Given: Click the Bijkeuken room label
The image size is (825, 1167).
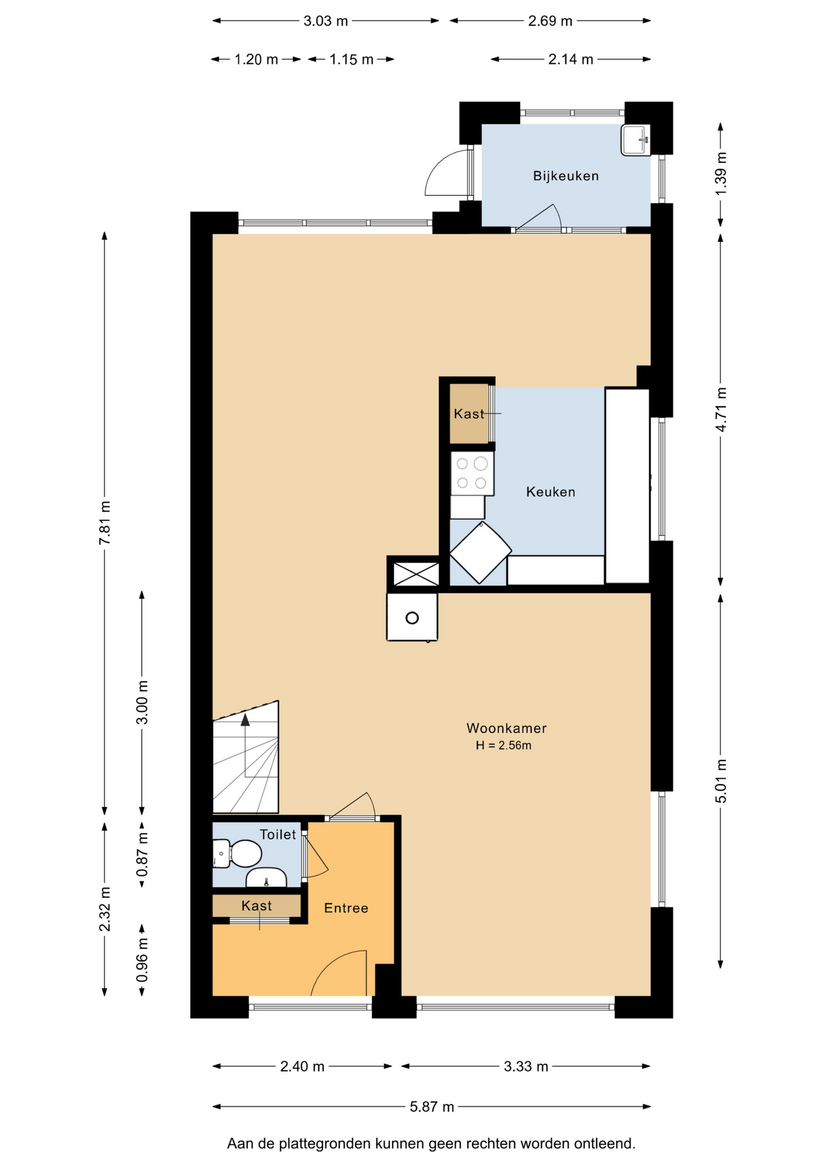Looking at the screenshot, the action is point(566,176).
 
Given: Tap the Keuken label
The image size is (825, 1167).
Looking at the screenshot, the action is point(550,492).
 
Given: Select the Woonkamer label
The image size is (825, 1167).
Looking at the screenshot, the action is point(506,728).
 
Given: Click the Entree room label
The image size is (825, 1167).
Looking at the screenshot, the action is point(346,908).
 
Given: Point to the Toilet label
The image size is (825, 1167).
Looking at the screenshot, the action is point(278,835).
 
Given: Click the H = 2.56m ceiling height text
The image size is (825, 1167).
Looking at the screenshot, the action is point(503,746).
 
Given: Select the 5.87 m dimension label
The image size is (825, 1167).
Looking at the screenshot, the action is point(431,1107).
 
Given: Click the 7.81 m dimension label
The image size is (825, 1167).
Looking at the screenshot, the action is point(105,523).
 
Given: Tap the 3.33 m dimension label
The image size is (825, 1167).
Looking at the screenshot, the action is point(525,1067).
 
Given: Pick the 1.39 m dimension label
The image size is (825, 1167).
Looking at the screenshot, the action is point(721,174).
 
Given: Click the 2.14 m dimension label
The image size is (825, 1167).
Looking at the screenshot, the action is point(570,60).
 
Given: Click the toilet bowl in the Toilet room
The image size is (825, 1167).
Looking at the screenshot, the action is point(237,854).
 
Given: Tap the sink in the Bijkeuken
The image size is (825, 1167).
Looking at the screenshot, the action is point(635,140).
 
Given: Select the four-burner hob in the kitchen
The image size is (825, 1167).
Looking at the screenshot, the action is point(471,473).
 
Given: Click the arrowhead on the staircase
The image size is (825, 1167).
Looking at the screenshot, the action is point(245,720).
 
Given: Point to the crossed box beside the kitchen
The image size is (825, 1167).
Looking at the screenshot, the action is point(416,574).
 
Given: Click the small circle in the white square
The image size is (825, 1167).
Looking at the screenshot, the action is point(412,618).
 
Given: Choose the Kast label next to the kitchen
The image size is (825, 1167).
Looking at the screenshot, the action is point(469,414).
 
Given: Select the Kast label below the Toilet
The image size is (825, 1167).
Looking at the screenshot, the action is point(256,906).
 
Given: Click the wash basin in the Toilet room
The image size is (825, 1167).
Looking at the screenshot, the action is point(266,878).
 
